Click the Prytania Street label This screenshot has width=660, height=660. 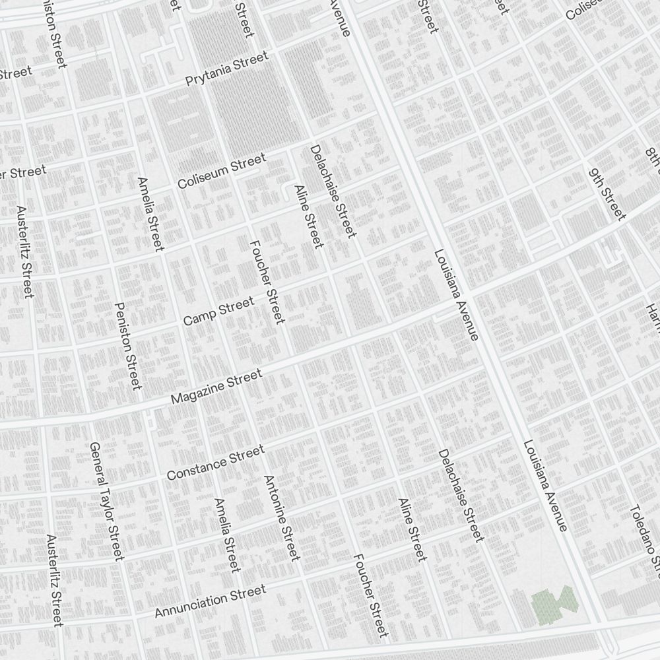coord(227,69)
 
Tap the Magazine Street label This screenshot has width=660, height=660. coord(216,387)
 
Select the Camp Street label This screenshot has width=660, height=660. coord(218,311)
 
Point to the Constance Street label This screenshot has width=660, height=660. coord(215,463)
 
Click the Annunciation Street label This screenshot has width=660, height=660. coord(210,601)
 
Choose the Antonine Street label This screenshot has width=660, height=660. coord(282,518)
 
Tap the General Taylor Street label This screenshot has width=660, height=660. coord(106,501)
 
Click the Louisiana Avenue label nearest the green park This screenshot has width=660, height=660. coord(545,485)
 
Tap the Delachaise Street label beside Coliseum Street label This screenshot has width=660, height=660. coord(333,191)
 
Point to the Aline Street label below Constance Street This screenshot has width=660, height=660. coord(412,530)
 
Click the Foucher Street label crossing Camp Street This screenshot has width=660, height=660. coord(267,282)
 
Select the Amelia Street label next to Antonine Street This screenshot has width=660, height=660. coord(226,535)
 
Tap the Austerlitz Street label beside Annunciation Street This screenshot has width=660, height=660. coord(54,580)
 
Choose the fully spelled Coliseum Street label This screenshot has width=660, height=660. coord(221,171)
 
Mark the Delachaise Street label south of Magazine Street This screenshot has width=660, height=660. coord(461,496)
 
